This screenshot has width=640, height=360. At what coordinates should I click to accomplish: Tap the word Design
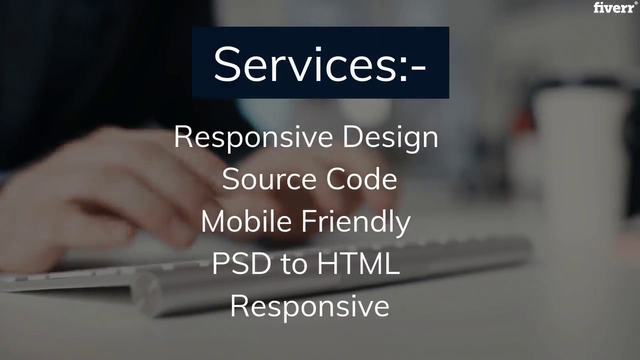tap(390, 137)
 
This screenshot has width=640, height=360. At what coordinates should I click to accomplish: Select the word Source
tap(263, 179)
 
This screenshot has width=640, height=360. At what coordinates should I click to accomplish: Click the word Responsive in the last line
tap(309, 306)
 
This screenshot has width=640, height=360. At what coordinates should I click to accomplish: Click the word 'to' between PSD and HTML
tap(294, 264)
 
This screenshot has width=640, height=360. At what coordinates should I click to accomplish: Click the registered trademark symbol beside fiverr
tap(636, 3)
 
